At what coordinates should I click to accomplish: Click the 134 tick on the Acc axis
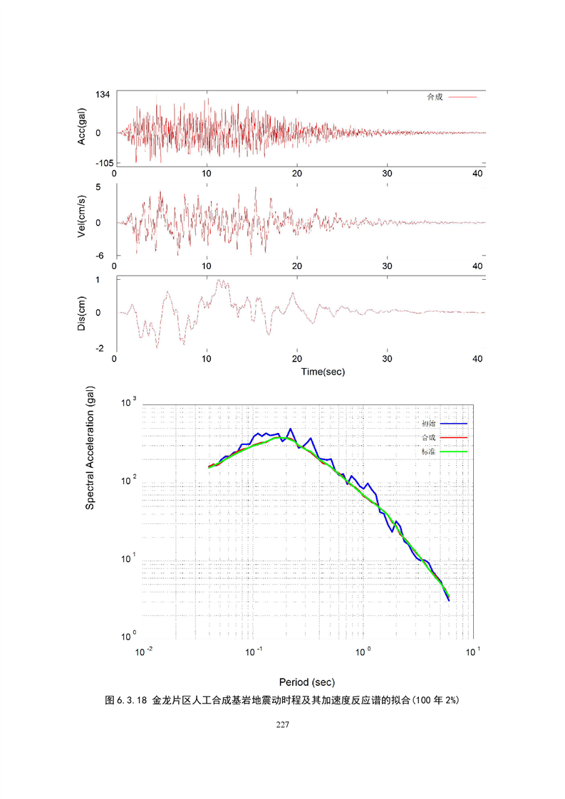[x=101, y=95]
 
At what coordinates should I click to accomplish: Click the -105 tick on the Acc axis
[x=99, y=162]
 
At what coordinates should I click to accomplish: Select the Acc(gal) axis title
[x=83, y=127]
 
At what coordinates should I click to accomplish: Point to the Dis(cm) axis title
[x=83, y=313]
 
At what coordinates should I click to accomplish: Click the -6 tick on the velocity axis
[x=101, y=256]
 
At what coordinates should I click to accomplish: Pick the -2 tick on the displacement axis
[x=101, y=348]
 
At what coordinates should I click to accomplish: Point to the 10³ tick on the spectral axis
[x=129, y=404]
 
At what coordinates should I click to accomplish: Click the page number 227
[x=282, y=726]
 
